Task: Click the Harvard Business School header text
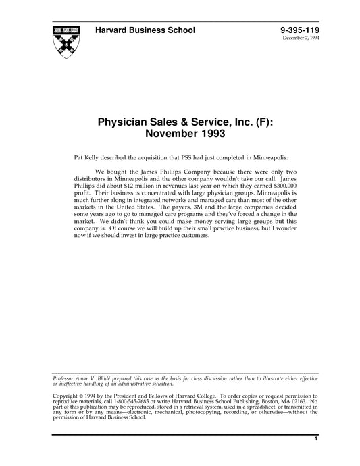click(x=145, y=30)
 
